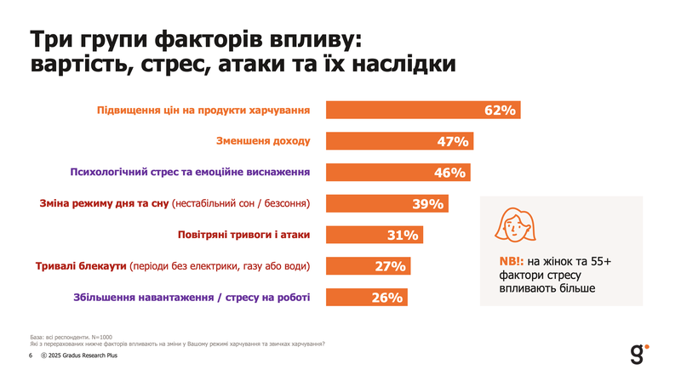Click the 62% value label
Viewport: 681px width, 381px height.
coord(501,111)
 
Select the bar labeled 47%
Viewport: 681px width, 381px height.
coord(399,141)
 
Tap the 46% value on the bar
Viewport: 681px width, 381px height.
coord(449,173)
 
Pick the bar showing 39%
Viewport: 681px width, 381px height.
coord(387,204)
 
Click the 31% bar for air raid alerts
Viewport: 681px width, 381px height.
coord(375,235)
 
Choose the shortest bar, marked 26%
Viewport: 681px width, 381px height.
coord(367,298)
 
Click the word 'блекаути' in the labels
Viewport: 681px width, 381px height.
coord(100,266)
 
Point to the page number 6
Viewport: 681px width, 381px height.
coord(31,355)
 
